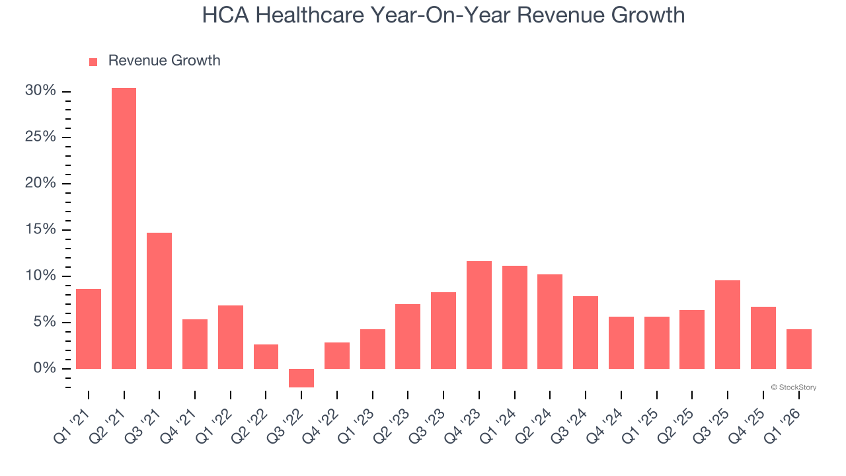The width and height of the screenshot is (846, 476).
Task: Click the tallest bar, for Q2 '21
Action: click(x=124, y=228)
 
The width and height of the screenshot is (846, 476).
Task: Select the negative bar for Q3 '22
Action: click(x=301, y=377)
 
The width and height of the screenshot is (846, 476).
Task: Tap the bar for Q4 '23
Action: click(x=479, y=315)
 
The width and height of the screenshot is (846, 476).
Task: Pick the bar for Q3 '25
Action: click(x=727, y=324)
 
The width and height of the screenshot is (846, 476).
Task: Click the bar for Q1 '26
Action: click(x=798, y=348)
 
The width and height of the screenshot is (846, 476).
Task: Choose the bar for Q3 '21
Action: click(x=159, y=300)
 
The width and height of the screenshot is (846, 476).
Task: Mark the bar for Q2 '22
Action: click(x=266, y=356)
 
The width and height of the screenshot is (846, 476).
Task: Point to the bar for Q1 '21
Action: click(x=89, y=329)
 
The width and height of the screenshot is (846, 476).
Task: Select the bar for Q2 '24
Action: click(x=550, y=321)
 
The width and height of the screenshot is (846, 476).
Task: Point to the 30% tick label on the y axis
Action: click(x=40, y=91)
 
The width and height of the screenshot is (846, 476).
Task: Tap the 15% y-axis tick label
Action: click(x=40, y=229)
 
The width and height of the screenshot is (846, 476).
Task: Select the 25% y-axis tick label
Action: click(x=40, y=137)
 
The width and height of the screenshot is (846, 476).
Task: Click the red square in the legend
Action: click(x=93, y=61)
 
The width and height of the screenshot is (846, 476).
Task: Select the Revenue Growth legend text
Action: click(x=164, y=61)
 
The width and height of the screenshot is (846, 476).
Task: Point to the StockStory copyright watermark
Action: click(x=793, y=387)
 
